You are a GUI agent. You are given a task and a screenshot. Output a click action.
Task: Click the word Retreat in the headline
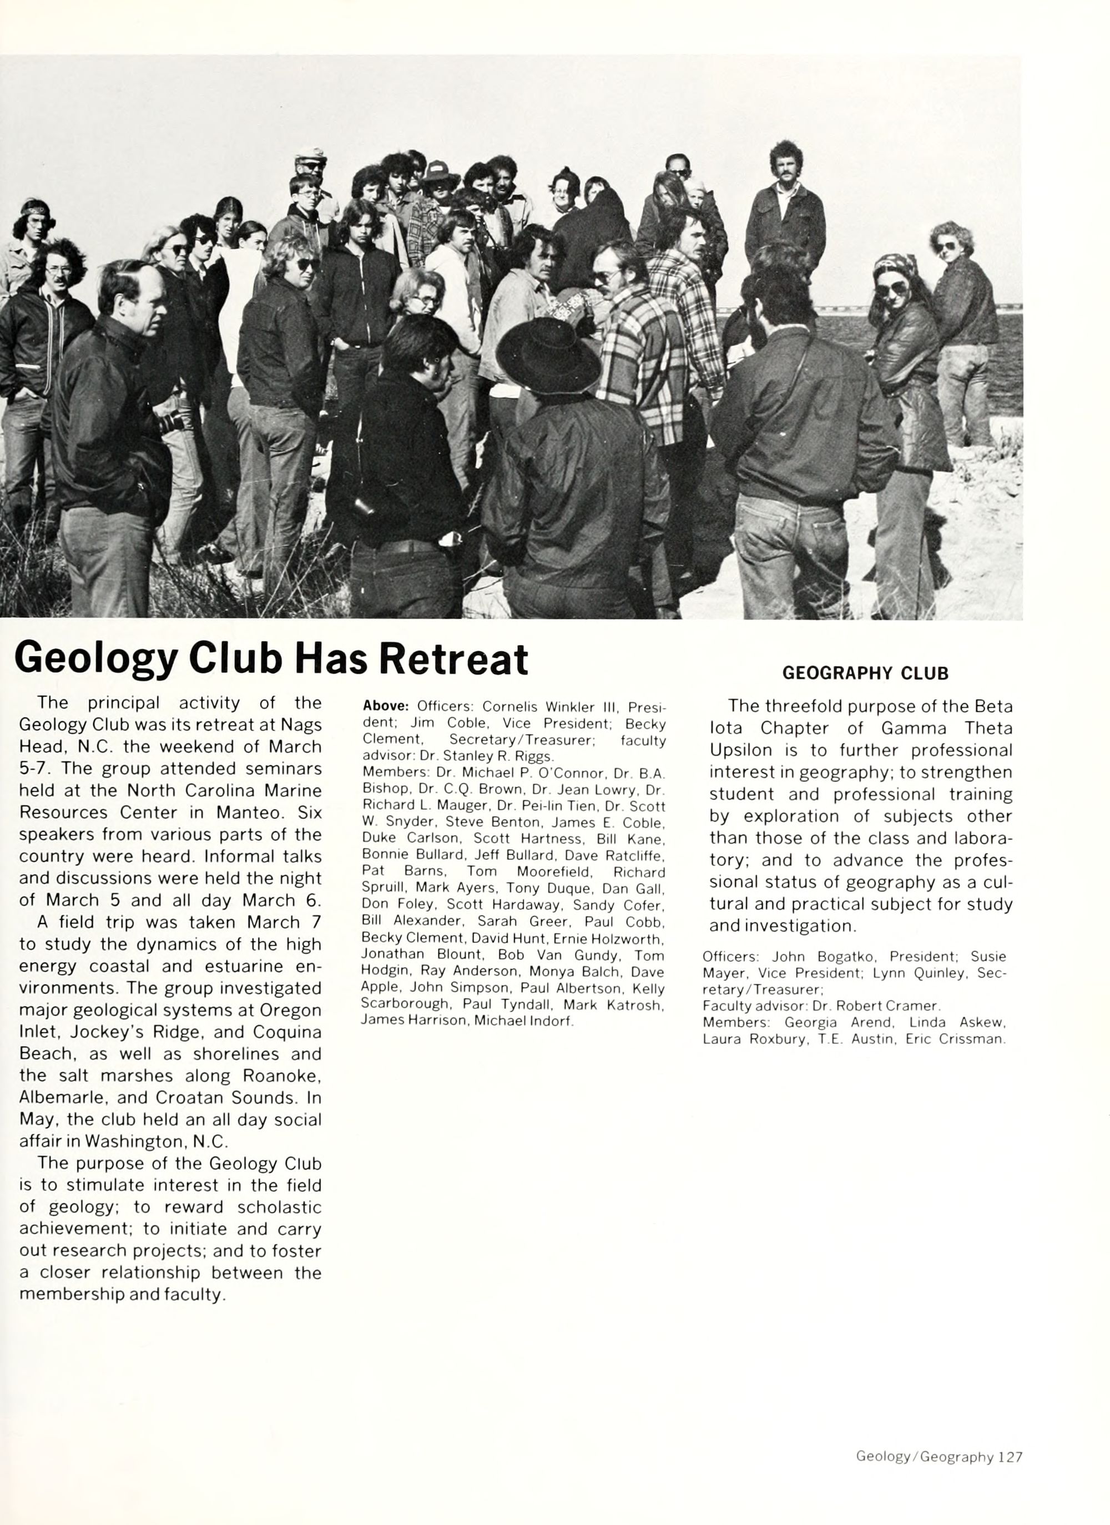[453, 659]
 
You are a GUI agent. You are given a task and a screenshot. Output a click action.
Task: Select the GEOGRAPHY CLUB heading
[865, 674]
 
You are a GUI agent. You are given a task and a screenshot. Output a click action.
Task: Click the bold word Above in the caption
[385, 706]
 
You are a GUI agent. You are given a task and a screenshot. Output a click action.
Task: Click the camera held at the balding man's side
[169, 422]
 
